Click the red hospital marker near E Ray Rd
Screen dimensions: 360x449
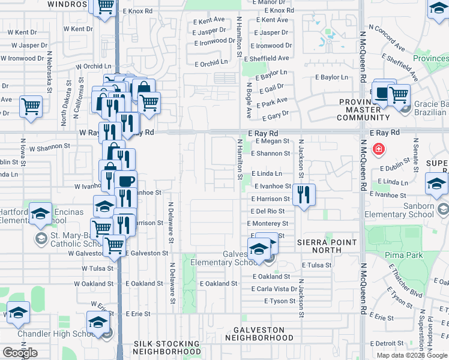(378, 149)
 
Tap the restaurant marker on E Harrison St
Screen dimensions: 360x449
(305, 194)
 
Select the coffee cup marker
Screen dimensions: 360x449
(125, 181)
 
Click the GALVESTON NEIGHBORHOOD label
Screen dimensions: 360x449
(259, 334)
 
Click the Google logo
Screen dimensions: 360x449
(20, 353)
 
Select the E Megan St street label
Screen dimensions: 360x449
(273, 142)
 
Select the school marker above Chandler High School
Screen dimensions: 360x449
(98, 322)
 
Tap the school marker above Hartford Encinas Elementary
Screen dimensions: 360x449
(40, 214)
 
